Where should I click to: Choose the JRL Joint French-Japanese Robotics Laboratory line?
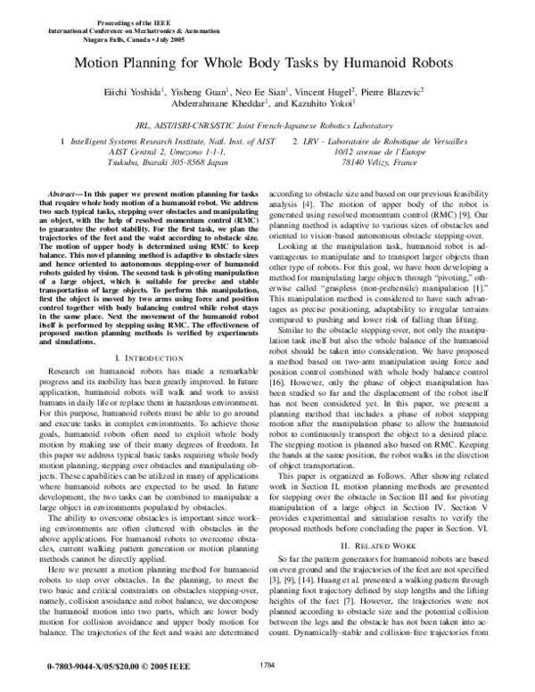click(267, 127)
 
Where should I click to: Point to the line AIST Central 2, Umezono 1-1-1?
click(151, 152)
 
